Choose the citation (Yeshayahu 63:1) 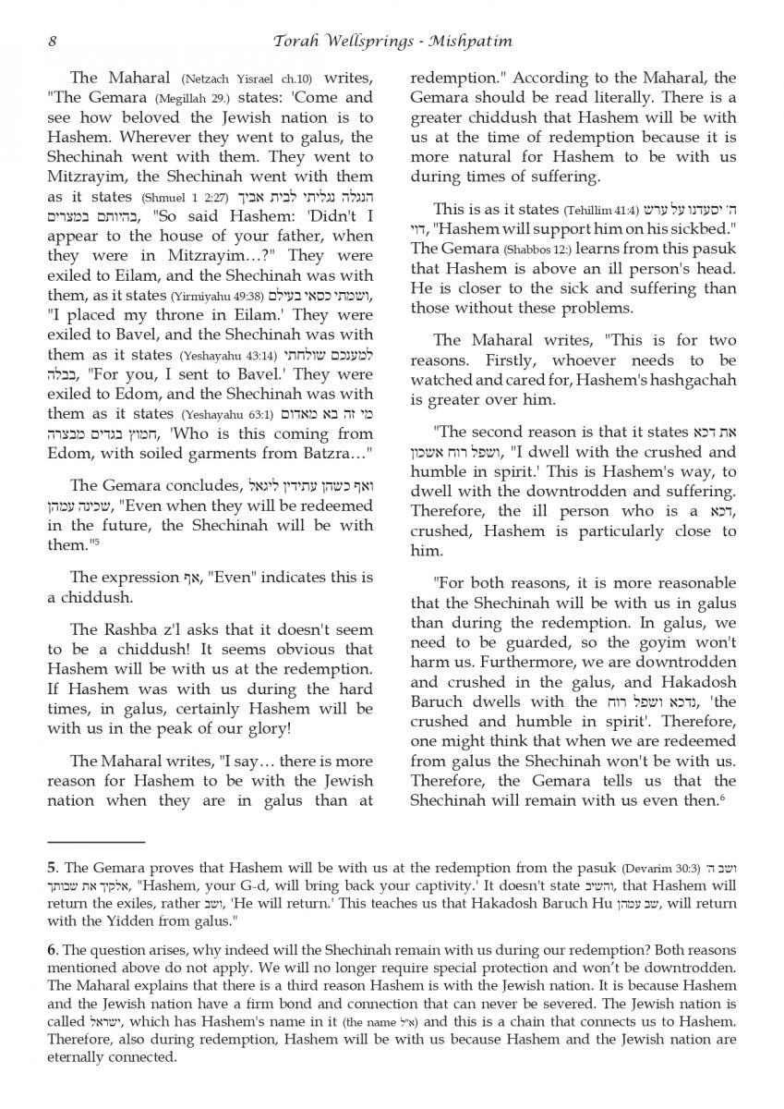[223, 415]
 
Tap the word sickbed [689, 229]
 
